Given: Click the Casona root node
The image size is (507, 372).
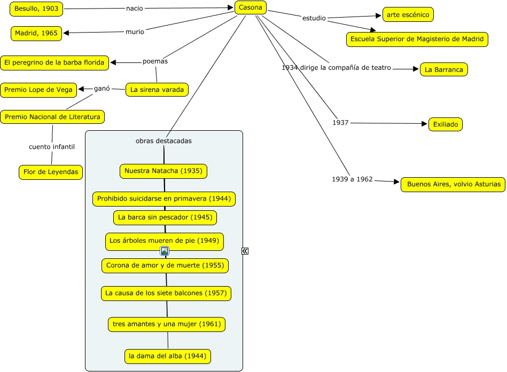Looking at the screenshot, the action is click(250, 7).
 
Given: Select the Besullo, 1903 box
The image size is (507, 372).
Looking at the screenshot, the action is click(36, 9).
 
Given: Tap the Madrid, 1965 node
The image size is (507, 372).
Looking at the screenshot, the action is click(36, 33).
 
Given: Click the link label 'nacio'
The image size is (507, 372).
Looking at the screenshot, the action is click(135, 9).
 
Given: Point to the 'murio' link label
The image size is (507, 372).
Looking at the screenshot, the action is click(135, 31).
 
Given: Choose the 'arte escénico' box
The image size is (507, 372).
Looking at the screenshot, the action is click(408, 14).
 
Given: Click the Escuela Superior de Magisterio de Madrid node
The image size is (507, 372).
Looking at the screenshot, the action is click(417, 39).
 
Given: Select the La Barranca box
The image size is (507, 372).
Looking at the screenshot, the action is click(443, 69).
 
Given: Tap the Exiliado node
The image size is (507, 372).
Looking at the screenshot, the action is click(446, 124).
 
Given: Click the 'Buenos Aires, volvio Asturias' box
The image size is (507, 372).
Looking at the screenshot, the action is click(453, 184).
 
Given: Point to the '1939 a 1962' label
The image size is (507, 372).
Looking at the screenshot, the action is click(353, 179).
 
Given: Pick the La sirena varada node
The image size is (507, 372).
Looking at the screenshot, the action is click(157, 90).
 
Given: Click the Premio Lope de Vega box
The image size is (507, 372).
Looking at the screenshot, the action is click(38, 90).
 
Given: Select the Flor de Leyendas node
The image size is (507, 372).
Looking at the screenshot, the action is click(51, 172).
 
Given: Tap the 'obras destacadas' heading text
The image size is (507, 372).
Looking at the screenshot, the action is click(163, 141).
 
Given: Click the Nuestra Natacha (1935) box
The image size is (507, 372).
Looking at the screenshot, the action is click(163, 171).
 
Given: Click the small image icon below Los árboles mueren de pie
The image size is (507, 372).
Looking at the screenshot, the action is click(165, 251).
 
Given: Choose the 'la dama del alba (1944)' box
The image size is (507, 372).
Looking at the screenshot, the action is click(168, 356).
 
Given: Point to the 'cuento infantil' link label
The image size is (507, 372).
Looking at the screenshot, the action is click(52, 147).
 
